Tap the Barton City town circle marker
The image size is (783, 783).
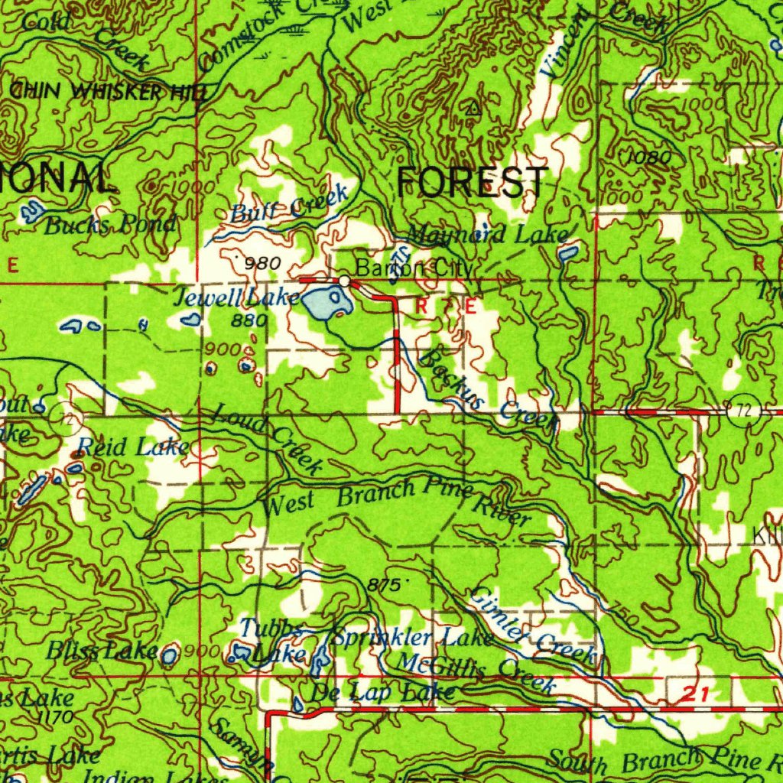(x=346, y=281)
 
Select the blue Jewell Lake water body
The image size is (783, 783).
(x=326, y=304)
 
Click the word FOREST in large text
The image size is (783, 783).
(x=472, y=183)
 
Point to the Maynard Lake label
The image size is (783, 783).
(x=487, y=234)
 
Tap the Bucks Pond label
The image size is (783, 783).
(x=110, y=225)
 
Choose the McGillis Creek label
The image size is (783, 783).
(x=476, y=668)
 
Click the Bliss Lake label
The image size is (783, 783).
(x=102, y=651)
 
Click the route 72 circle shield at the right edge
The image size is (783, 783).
(x=740, y=411)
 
